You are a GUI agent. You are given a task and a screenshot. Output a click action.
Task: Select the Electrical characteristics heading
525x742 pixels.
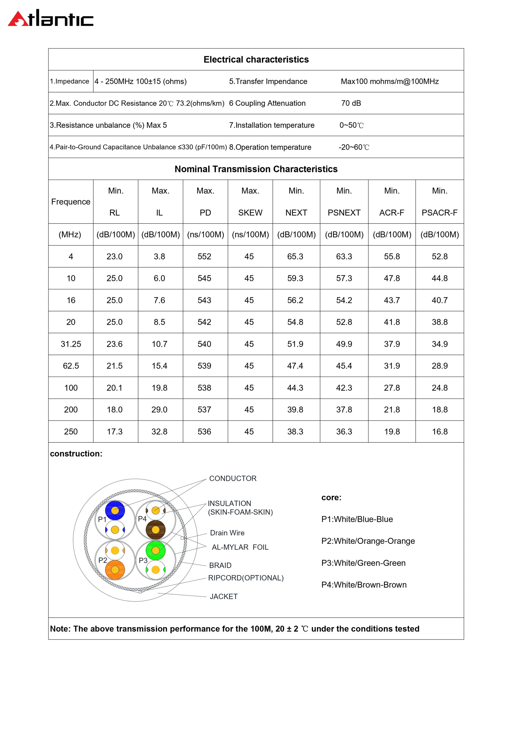(256, 60)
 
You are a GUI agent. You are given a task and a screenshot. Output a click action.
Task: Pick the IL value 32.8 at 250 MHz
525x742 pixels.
(159, 431)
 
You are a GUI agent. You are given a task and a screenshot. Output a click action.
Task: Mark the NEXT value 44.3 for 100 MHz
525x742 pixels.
(295, 388)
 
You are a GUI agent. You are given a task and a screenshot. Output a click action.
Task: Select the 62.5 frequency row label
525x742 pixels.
(71, 366)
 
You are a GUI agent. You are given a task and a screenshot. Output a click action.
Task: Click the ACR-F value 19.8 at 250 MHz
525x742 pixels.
(392, 431)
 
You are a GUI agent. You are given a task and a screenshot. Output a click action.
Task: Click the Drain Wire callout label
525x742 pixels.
(227, 533)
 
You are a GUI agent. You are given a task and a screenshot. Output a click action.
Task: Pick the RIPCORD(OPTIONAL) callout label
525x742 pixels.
(246, 578)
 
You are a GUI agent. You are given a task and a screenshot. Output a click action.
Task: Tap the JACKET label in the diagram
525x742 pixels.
(223, 597)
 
